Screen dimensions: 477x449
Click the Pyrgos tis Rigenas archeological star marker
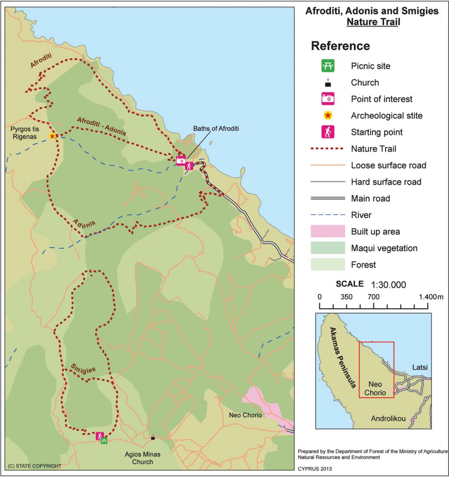[52, 136]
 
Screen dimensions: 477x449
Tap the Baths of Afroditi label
[216, 128]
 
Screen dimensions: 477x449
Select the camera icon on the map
[181, 160]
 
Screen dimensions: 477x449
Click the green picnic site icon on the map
[104, 441]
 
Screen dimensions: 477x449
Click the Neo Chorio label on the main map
[246, 415]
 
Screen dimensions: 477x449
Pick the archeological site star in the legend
[328, 116]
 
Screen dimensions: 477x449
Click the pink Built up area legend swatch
[328, 232]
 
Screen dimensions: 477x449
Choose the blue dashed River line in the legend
[328, 215]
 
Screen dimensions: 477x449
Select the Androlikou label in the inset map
[388, 419]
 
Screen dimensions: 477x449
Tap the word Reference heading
[340, 46]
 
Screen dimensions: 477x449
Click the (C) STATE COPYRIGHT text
[34, 466]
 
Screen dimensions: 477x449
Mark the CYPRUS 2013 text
[315, 469]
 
